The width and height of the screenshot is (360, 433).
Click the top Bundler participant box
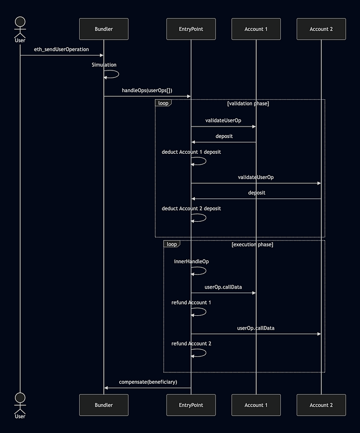click(x=104, y=29)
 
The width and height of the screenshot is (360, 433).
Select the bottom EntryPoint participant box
click(x=191, y=405)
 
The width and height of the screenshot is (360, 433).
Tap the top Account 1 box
click(x=256, y=29)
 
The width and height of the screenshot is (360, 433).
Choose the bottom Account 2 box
click(x=321, y=405)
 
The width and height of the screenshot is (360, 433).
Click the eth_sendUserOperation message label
click(x=61, y=49)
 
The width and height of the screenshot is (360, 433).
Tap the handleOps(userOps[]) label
click(x=147, y=91)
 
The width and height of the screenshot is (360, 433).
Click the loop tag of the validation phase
click(x=163, y=103)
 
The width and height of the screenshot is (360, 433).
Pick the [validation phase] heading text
click(x=248, y=103)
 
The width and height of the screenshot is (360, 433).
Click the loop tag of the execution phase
click(x=172, y=244)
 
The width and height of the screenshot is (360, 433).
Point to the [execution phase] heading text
click(x=253, y=244)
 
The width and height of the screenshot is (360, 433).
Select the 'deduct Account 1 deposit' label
click(x=191, y=152)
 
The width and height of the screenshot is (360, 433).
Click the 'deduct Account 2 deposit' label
click(x=191, y=208)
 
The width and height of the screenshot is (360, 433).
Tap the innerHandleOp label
click(x=191, y=262)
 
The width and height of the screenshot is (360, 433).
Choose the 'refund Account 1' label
click(x=191, y=303)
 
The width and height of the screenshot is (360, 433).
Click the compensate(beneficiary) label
click(x=148, y=382)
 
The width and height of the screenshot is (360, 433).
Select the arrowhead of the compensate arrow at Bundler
click(x=106, y=388)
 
